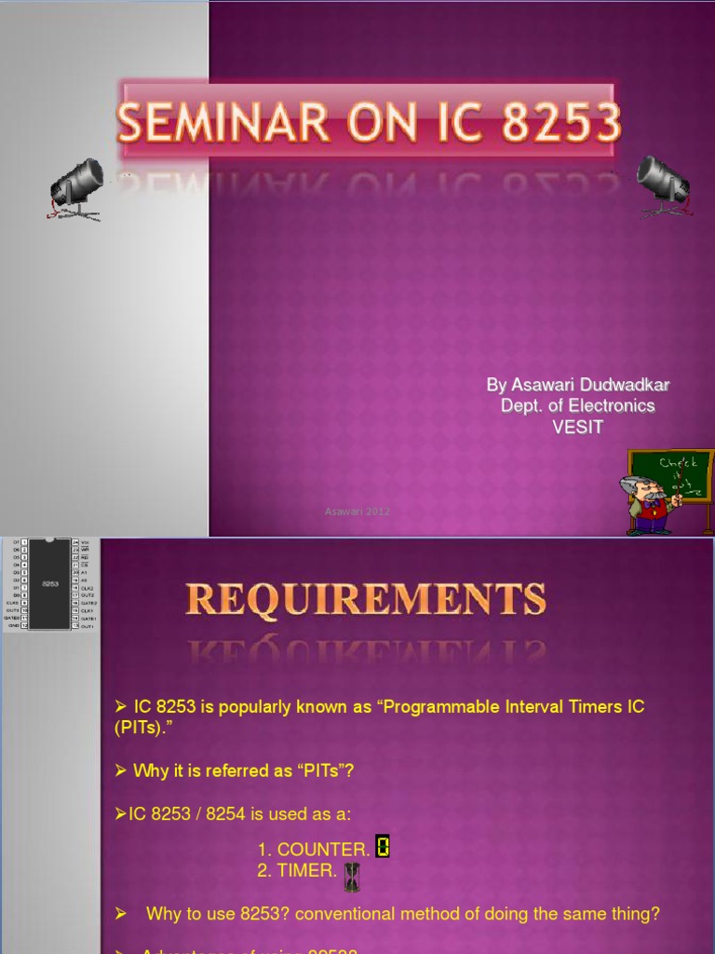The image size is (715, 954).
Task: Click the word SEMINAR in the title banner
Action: coord(223,123)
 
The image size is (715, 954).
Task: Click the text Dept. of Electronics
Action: coord(577,406)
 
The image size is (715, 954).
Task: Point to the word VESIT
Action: coord(577,428)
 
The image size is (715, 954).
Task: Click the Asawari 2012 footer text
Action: coord(357,511)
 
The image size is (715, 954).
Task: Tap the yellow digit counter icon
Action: coord(382,846)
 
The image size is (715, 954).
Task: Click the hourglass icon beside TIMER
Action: coord(352,876)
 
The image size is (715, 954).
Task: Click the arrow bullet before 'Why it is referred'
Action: coord(120,771)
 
